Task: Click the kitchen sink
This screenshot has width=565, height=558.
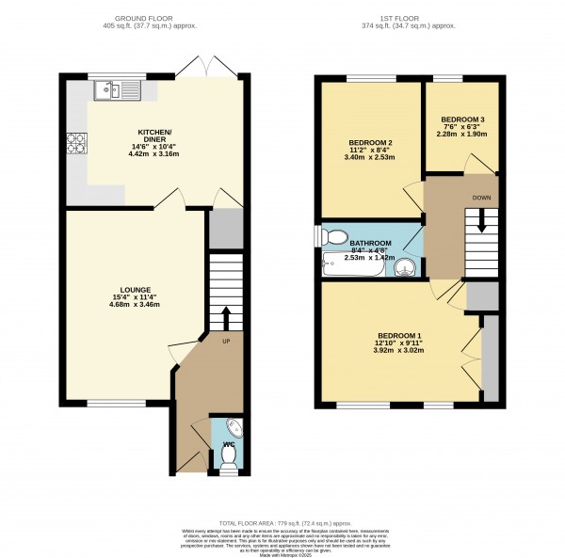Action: click(x=117, y=90)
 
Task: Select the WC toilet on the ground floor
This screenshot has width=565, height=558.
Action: click(x=227, y=456)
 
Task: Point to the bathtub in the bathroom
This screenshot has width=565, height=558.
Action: click(x=353, y=265)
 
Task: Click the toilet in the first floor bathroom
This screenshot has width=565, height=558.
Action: click(x=337, y=236)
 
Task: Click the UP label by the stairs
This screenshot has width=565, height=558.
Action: click(x=225, y=341)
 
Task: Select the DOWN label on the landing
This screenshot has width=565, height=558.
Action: click(x=480, y=199)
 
